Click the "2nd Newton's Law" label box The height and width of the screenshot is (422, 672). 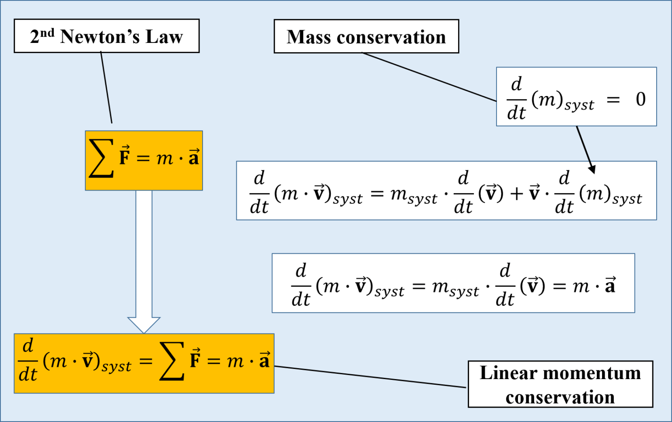tap(106, 36)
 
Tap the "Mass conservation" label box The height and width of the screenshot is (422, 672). tap(366, 36)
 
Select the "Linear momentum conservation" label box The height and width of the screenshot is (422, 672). tap(560, 384)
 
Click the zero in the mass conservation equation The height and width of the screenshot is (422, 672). tap(640, 99)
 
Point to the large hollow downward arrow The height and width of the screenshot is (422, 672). tap(144, 263)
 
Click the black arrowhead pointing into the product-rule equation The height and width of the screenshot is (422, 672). tap(592, 169)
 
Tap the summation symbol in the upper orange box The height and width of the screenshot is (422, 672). tap(101, 159)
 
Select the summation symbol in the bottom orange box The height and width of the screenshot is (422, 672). tap(172, 362)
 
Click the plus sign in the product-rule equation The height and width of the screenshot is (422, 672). tap(517, 193)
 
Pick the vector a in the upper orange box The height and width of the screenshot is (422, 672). tap(194, 157)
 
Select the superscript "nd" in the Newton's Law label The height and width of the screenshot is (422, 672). tap(47, 32)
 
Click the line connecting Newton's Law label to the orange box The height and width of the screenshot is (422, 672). tap(106, 88)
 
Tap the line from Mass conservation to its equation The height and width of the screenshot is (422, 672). tap(429, 77)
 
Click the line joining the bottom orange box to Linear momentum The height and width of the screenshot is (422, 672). tap(370, 377)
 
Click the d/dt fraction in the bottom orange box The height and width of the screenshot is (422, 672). tap(28, 361)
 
